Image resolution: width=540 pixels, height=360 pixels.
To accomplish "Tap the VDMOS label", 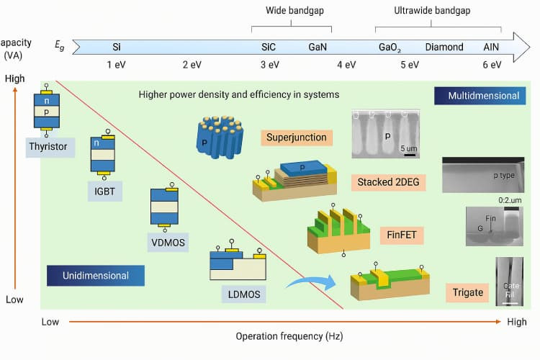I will coord(168,243).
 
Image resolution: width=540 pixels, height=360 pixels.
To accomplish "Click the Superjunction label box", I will coord(296,137).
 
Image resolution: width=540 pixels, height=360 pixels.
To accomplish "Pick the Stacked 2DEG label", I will coord(390,182).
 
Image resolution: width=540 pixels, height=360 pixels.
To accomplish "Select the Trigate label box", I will coord(468,292).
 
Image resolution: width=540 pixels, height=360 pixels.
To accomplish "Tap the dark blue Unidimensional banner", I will coord(96,276).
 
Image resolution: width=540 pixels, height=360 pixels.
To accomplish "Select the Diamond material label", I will coord(444,47).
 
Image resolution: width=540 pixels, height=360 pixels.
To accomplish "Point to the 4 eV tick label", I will coord(346,65).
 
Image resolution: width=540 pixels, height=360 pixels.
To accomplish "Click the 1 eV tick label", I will coord(117,65).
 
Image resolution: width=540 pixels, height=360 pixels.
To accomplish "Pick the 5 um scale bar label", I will coord(409,148).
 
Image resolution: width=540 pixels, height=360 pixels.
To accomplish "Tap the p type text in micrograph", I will coord(504,175).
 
